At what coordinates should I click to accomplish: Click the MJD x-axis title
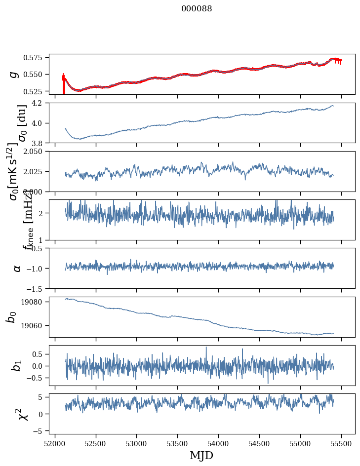(x=201, y=455)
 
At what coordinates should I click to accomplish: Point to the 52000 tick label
(x=55, y=442)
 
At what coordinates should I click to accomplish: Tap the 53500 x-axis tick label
(x=178, y=442)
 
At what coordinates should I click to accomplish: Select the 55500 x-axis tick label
(x=342, y=442)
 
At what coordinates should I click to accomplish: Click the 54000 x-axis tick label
(x=219, y=442)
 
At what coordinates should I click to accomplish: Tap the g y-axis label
(x=14, y=74)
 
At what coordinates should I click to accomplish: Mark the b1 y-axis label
(x=18, y=365)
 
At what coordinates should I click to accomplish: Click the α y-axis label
(x=18, y=268)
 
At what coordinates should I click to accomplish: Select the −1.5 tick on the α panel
(x=38, y=288)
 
